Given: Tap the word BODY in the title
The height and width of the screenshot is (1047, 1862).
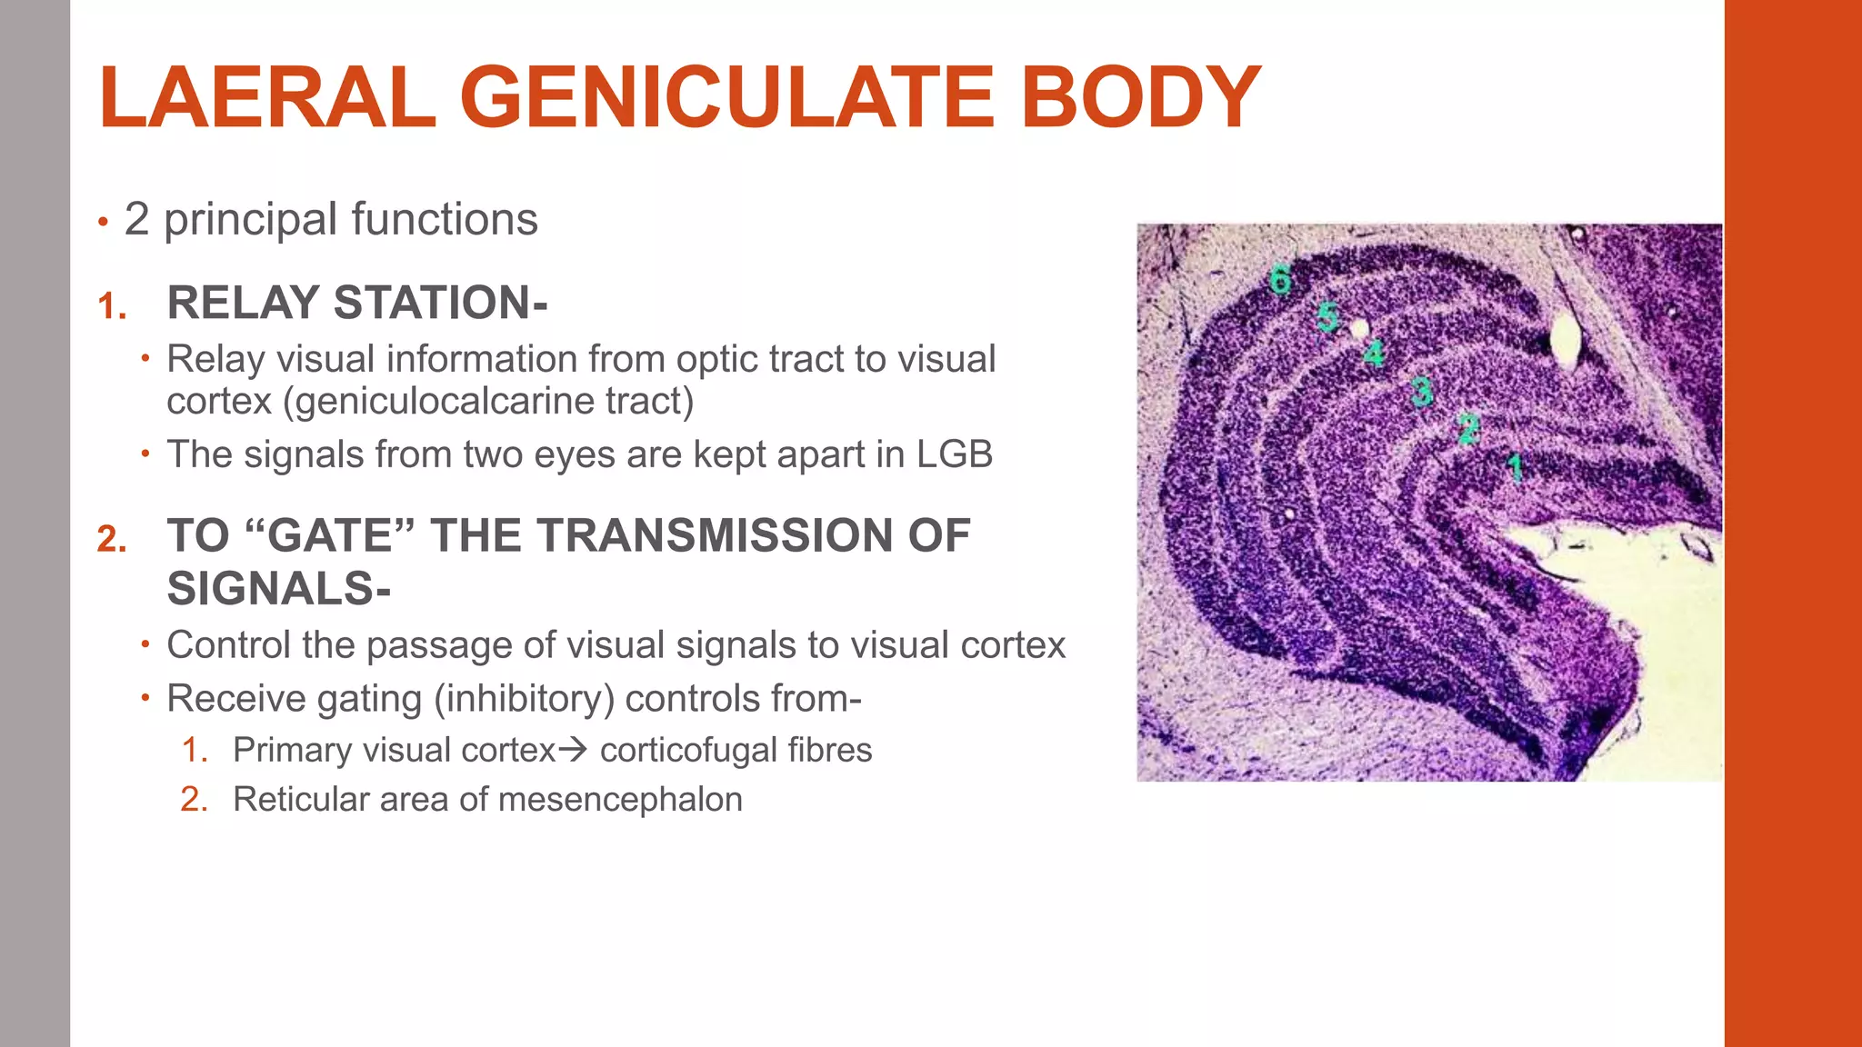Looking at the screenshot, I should click(1140, 98).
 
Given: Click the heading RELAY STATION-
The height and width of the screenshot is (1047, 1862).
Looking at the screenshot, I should click(357, 303).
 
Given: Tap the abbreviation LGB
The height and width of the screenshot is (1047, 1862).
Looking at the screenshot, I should click(954, 454).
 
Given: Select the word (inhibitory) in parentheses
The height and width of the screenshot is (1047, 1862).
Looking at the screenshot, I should click(525, 699).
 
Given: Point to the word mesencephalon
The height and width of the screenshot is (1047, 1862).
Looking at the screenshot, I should click(620, 800).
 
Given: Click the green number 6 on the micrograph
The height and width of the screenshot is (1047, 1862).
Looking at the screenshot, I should click(1280, 279).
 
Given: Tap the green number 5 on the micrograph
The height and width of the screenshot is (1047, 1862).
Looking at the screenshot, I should click(1327, 317).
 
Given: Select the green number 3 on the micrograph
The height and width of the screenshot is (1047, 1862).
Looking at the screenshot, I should click(1421, 392).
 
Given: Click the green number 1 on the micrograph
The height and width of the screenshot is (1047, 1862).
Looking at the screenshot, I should click(1515, 468).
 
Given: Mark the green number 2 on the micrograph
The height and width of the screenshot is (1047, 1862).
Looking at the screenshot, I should click(1468, 428).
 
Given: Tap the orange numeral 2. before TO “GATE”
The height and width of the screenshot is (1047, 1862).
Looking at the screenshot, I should click(112, 540).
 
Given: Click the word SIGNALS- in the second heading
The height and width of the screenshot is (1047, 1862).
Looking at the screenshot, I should click(279, 589).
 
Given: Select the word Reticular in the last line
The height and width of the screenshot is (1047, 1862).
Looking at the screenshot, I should click(300, 800).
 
